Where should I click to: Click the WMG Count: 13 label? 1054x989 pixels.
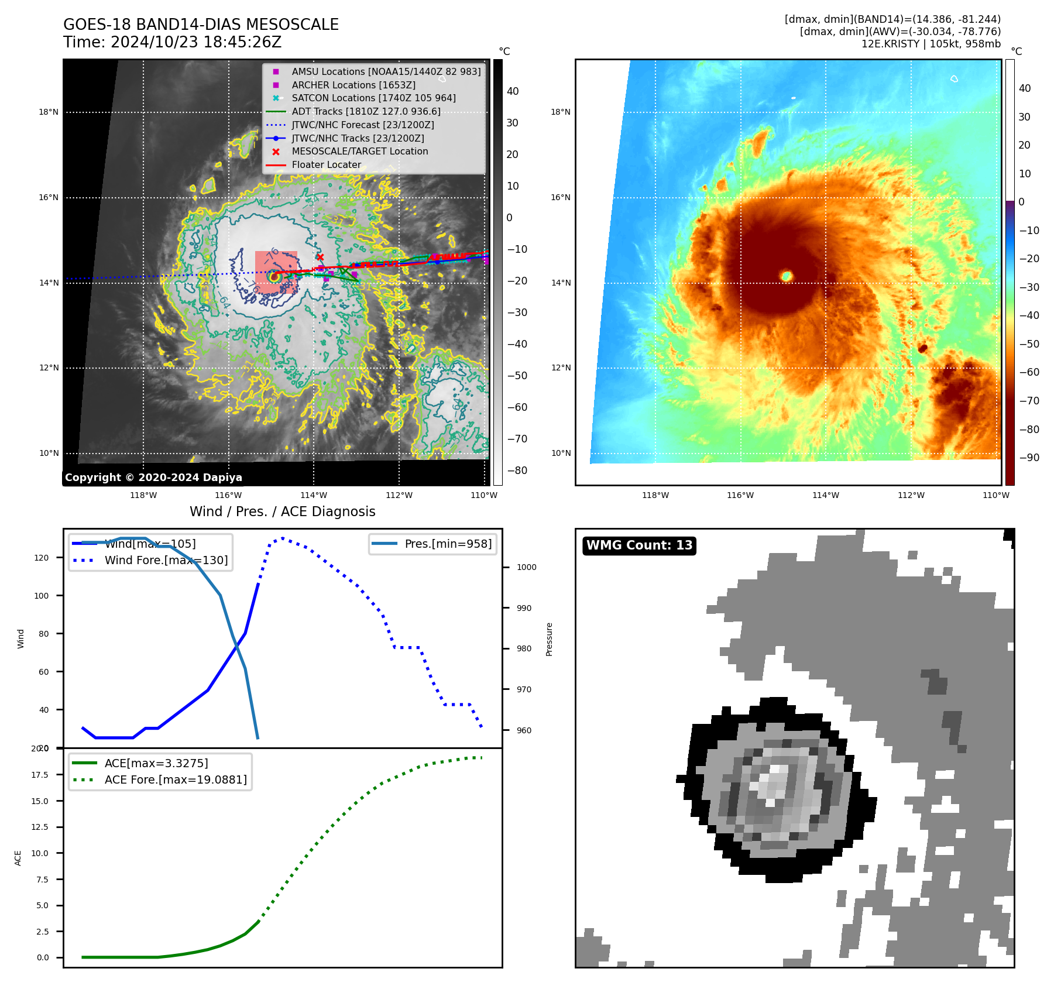[x=639, y=545]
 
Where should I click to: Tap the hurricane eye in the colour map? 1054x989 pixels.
[x=787, y=276]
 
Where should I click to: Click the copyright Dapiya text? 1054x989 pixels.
[x=153, y=478]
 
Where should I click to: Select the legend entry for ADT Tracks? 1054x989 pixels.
[x=366, y=111]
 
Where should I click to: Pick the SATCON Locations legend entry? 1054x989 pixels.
[x=373, y=98]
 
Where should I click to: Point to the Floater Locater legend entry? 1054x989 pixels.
[x=326, y=164]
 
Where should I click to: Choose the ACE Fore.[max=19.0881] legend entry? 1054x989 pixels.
[x=176, y=779]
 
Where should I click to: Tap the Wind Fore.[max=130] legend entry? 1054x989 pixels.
[x=166, y=560]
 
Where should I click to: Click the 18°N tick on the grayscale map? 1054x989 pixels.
[x=49, y=112]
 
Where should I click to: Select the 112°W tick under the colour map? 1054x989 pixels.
[x=911, y=495]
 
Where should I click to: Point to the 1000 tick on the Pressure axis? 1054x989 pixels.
[x=526, y=567]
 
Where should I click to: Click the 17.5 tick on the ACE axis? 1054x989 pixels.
[x=40, y=775]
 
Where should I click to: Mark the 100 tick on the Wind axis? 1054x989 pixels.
[x=42, y=596]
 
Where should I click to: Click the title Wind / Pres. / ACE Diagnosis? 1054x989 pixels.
[x=282, y=511]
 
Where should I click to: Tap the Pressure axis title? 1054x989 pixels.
[x=549, y=639]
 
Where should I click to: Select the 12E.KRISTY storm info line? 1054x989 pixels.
[x=931, y=44]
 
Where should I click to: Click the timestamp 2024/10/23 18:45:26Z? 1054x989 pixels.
[x=195, y=42]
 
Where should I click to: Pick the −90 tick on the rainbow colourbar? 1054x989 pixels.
[x=1029, y=458]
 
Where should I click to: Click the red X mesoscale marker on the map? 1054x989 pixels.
[x=320, y=257]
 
